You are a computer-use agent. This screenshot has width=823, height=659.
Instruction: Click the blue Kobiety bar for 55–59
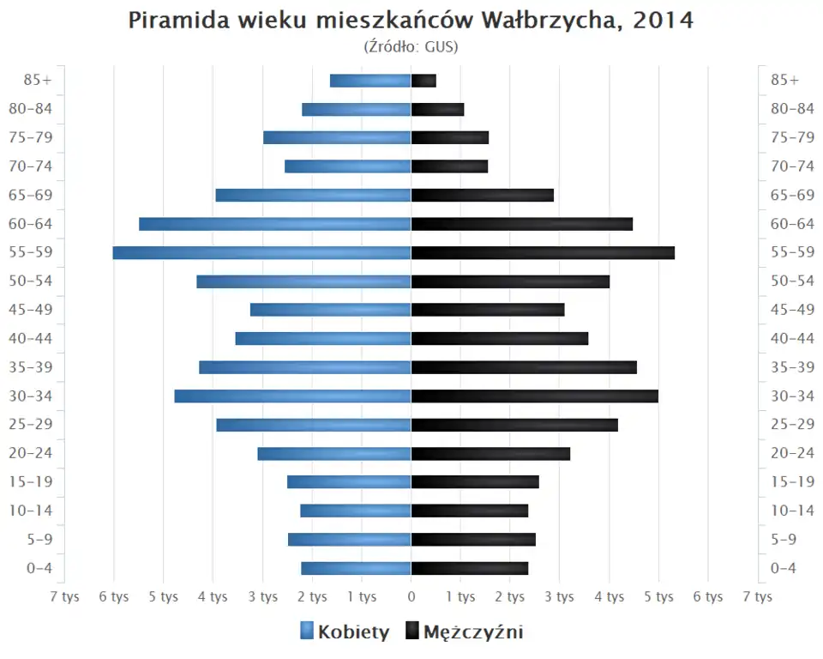pos(261,252)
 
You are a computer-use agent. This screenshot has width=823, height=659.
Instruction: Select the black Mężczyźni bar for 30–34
pos(535,396)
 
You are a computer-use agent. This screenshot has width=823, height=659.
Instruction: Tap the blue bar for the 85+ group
pos(370,81)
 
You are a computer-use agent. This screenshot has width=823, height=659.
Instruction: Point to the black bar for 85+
pos(424,81)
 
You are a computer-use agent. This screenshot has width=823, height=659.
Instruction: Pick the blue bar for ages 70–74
pos(348,166)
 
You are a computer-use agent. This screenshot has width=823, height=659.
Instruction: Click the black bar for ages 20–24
pos(490,453)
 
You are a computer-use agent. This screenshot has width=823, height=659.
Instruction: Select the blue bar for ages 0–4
pos(356,568)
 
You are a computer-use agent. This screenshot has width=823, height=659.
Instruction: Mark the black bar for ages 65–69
pos(483,195)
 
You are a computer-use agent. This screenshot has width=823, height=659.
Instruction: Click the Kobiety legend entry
pos(345,632)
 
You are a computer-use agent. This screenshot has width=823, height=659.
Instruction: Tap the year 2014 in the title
pos(664,21)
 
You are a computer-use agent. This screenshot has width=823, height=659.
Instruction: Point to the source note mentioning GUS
pos(411,46)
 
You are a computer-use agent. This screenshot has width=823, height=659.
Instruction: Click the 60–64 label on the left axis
pos(31,224)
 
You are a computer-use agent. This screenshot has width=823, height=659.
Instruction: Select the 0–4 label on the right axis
pos(784,568)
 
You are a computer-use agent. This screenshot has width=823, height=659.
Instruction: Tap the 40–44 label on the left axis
pos(31,338)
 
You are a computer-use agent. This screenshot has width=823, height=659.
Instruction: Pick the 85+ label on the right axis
pos(784,81)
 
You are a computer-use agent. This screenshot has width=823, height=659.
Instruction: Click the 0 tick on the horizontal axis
pos(411,597)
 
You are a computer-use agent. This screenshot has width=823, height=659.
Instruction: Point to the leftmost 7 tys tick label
pos(64,597)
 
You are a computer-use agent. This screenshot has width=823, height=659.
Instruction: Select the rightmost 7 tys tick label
pos(758,597)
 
